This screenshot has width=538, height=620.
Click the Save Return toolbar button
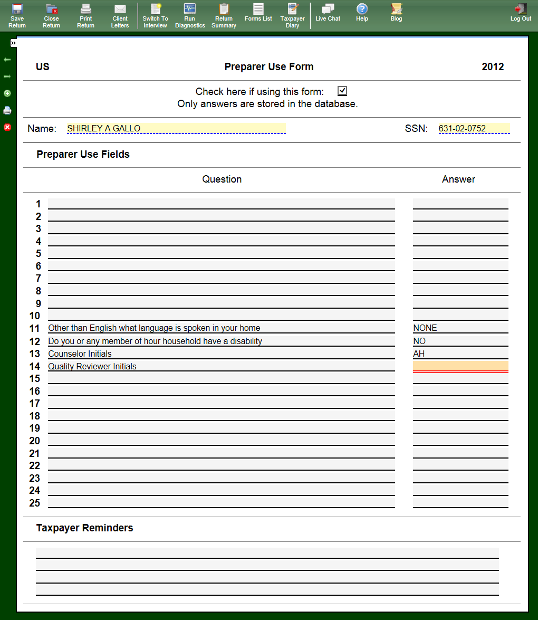tap(17, 15)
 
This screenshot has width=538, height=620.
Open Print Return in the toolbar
tap(85, 15)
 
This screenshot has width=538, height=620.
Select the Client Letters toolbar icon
tap(120, 15)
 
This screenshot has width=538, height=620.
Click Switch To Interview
tap(155, 15)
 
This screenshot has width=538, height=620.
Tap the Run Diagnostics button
tap(190, 15)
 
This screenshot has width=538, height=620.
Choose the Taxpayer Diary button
tap(292, 15)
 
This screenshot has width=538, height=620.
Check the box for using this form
tap(342, 91)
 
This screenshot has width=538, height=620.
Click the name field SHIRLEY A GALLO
tap(176, 128)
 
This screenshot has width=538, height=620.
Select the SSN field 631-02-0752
tap(474, 128)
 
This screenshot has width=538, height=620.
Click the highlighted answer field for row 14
tap(460, 366)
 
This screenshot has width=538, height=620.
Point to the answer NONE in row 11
tap(425, 328)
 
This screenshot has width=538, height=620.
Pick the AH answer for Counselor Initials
tap(419, 354)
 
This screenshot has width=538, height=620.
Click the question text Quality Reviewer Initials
tap(92, 367)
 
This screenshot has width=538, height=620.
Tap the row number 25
tap(35, 503)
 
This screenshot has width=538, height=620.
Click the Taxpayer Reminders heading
tap(84, 528)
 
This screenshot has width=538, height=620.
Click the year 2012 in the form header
tap(493, 67)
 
